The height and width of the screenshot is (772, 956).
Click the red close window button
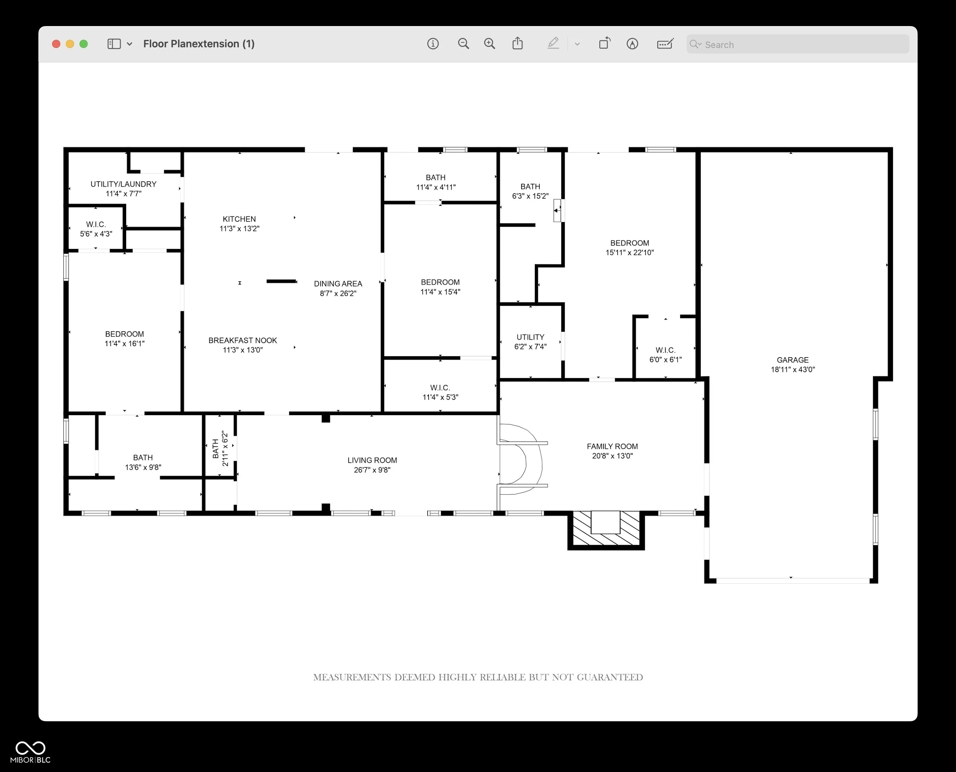(x=56, y=44)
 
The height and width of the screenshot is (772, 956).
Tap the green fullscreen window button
(x=84, y=44)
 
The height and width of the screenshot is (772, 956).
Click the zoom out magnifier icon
(x=463, y=44)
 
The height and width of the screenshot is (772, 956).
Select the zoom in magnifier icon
(x=489, y=44)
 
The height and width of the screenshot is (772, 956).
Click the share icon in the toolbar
(x=517, y=43)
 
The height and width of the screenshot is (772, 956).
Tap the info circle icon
(x=433, y=44)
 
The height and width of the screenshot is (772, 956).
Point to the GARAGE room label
(x=793, y=360)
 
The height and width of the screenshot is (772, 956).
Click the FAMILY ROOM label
(x=612, y=446)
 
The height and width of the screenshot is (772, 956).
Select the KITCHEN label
(x=239, y=219)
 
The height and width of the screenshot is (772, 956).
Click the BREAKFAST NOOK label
(x=243, y=340)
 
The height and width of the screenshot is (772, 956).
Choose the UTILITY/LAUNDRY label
(x=124, y=184)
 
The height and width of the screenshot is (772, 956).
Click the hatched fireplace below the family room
(x=606, y=529)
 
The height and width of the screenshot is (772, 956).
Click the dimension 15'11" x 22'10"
(x=629, y=253)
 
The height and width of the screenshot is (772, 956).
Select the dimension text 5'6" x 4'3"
(x=96, y=234)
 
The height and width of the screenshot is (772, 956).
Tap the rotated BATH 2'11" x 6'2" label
(x=220, y=448)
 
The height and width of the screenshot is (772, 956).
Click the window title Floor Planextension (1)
(x=199, y=44)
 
